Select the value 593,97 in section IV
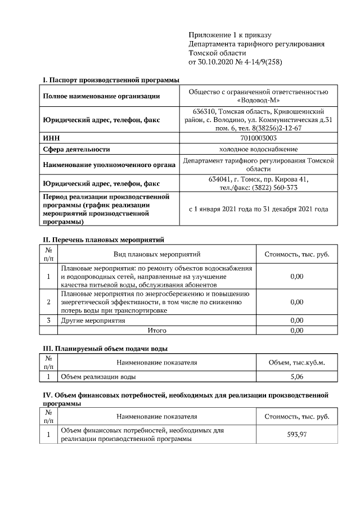click(x=296, y=434)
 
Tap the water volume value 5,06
click(x=296, y=376)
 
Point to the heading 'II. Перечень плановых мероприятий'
click(x=103, y=239)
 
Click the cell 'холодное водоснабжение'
click(x=258, y=149)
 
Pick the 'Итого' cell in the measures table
click(x=156, y=331)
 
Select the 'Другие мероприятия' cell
click(x=93, y=321)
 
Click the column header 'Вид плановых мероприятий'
click(x=156, y=254)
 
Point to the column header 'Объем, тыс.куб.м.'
click(x=296, y=363)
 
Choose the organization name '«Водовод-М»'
click(x=258, y=100)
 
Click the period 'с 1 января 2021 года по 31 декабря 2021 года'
click(x=258, y=209)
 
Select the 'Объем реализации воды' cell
click(x=98, y=376)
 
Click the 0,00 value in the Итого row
click(x=296, y=331)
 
